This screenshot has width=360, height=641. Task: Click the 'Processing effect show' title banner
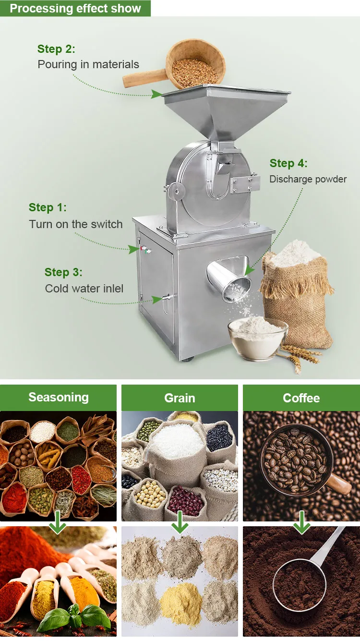(x=75, y=8)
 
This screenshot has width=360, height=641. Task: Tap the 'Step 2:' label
(x=56, y=49)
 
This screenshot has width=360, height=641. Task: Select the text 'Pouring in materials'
(x=88, y=64)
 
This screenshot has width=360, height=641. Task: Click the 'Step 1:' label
(x=48, y=207)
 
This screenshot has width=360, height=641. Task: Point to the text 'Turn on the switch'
(x=76, y=224)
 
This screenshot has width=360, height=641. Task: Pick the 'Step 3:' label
(x=63, y=272)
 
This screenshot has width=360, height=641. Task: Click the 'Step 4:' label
(x=288, y=163)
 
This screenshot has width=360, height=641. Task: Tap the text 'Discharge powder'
(x=308, y=179)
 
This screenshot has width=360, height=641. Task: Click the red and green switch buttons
(x=144, y=249)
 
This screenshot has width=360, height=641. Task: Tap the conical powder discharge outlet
(x=229, y=279)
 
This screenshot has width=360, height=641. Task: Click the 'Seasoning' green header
(x=58, y=398)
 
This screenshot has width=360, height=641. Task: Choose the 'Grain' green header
(x=180, y=398)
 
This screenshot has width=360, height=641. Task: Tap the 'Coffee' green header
(x=301, y=398)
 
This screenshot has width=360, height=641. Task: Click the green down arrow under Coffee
(x=301, y=523)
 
